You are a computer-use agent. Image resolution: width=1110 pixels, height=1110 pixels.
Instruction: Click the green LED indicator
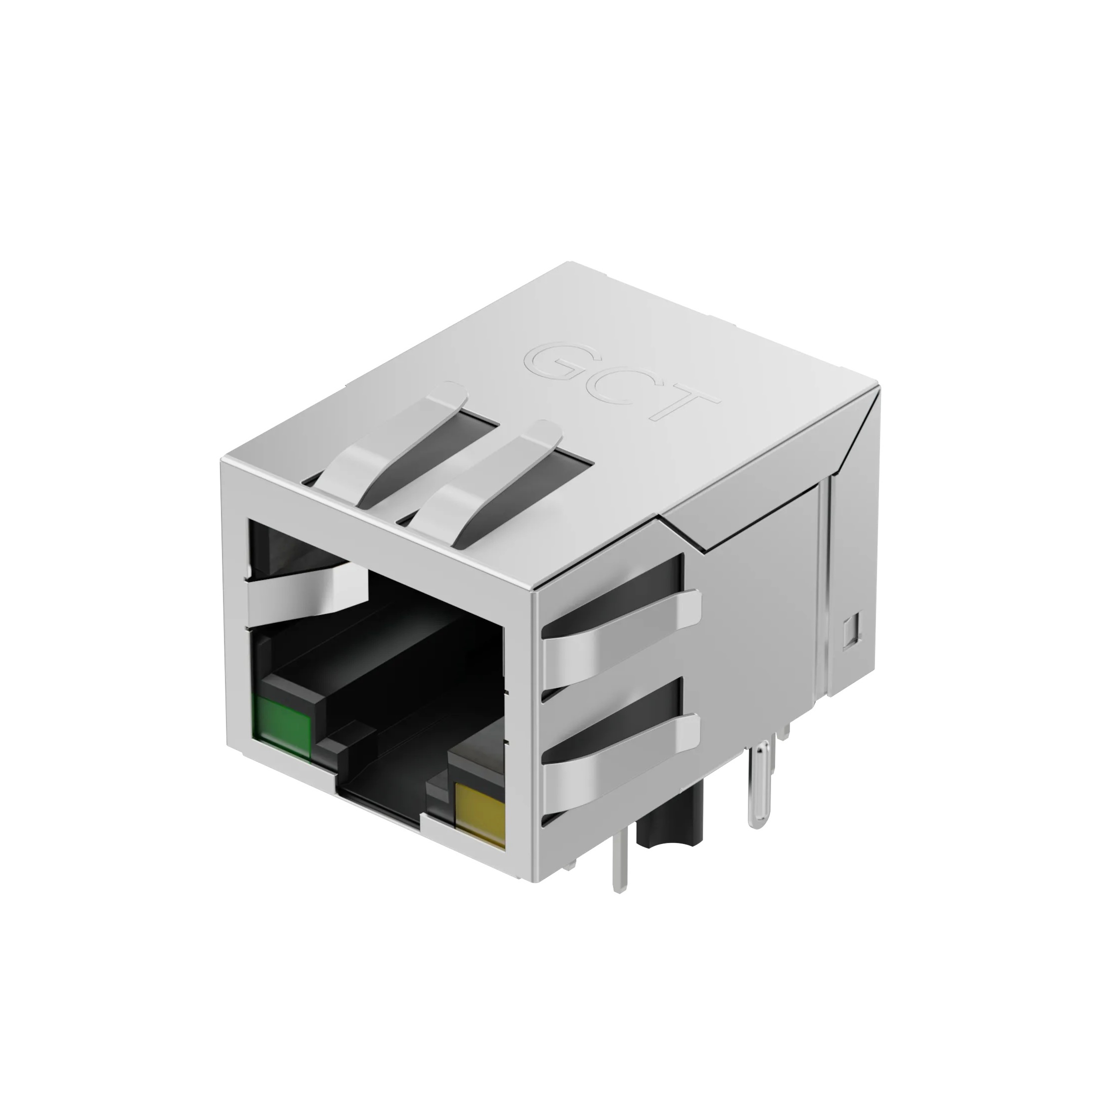(x=284, y=725)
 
